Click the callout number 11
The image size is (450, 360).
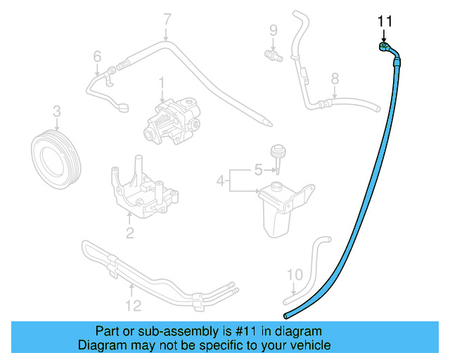[x=384, y=22]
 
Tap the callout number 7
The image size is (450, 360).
[x=167, y=19]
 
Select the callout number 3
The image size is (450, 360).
[x=57, y=110]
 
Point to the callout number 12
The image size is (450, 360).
[x=132, y=305]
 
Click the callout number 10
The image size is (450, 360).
[x=295, y=274]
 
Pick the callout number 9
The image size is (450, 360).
[x=97, y=56]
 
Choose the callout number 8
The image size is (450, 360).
[x=335, y=78]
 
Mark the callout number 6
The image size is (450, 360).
[x=97, y=56]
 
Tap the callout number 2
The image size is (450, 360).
[x=129, y=233]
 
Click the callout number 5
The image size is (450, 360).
[x=257, y=169]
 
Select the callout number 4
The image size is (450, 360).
[x=220, y=181]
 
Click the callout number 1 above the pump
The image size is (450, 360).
[x=161, y=83]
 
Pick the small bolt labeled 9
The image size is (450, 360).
[x=270, y=53]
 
